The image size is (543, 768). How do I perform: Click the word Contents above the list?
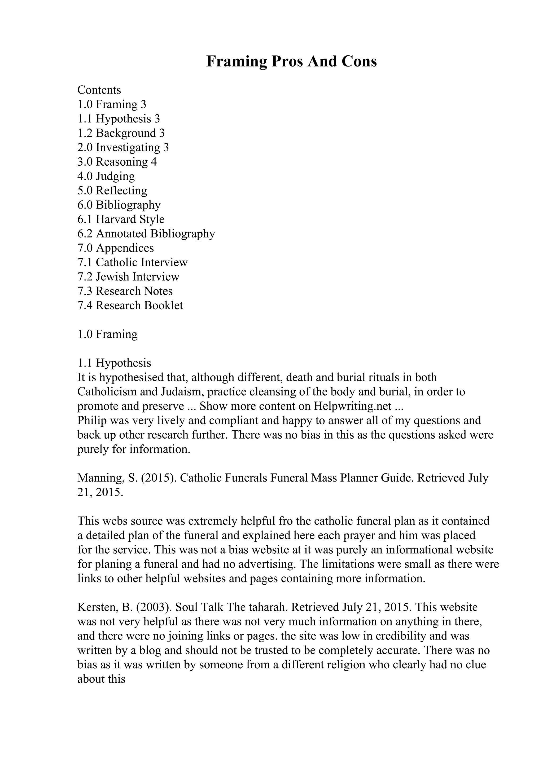[x=99, y=90]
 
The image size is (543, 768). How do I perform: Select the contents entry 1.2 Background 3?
[x=121, y=133]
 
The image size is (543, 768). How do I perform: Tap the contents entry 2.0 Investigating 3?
[x=123, y=148]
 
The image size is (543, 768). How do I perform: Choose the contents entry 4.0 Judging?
[x=106, y=176]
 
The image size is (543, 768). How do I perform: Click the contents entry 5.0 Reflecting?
[x=112, y=191]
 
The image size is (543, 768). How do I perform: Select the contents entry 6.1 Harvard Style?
[x=121, y=219]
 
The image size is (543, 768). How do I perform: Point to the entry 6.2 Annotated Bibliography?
[x=146, y=234]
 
